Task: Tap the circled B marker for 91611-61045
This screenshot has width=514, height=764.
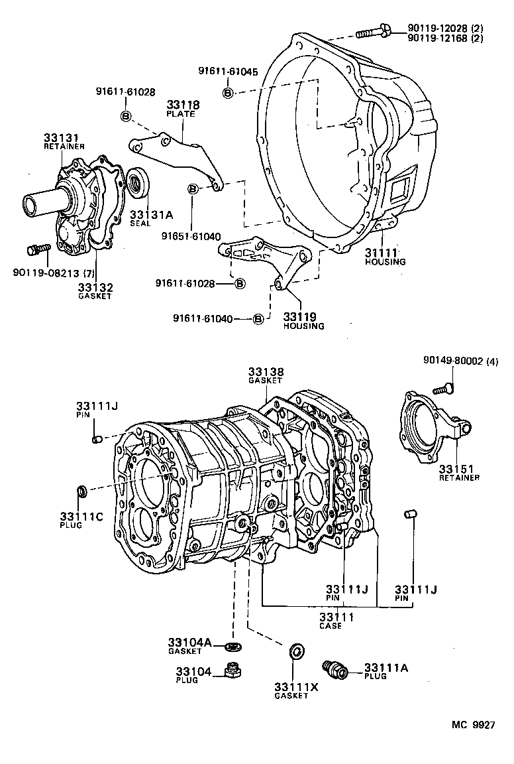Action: click(x=227, y=93)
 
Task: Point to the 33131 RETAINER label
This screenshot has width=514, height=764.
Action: click(x=64, y=141)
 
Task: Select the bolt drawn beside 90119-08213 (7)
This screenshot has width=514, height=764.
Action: click(x=38, y=249)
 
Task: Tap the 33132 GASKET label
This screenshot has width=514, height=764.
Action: click(x=95, y=290)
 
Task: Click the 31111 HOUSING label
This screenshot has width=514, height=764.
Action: click(x=385, y=256)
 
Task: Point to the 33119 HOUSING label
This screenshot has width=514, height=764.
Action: click(x=303, y=320)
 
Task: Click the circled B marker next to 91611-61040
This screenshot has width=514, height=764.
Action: click(x=258, y=319)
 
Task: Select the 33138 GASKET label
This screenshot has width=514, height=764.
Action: click(x=265, y=376)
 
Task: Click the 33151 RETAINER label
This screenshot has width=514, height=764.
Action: click(x=458, y=472)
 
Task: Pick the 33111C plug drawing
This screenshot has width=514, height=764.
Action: click(x=82, y=491)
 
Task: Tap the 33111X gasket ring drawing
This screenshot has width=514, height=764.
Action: click(x=297, y=651)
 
